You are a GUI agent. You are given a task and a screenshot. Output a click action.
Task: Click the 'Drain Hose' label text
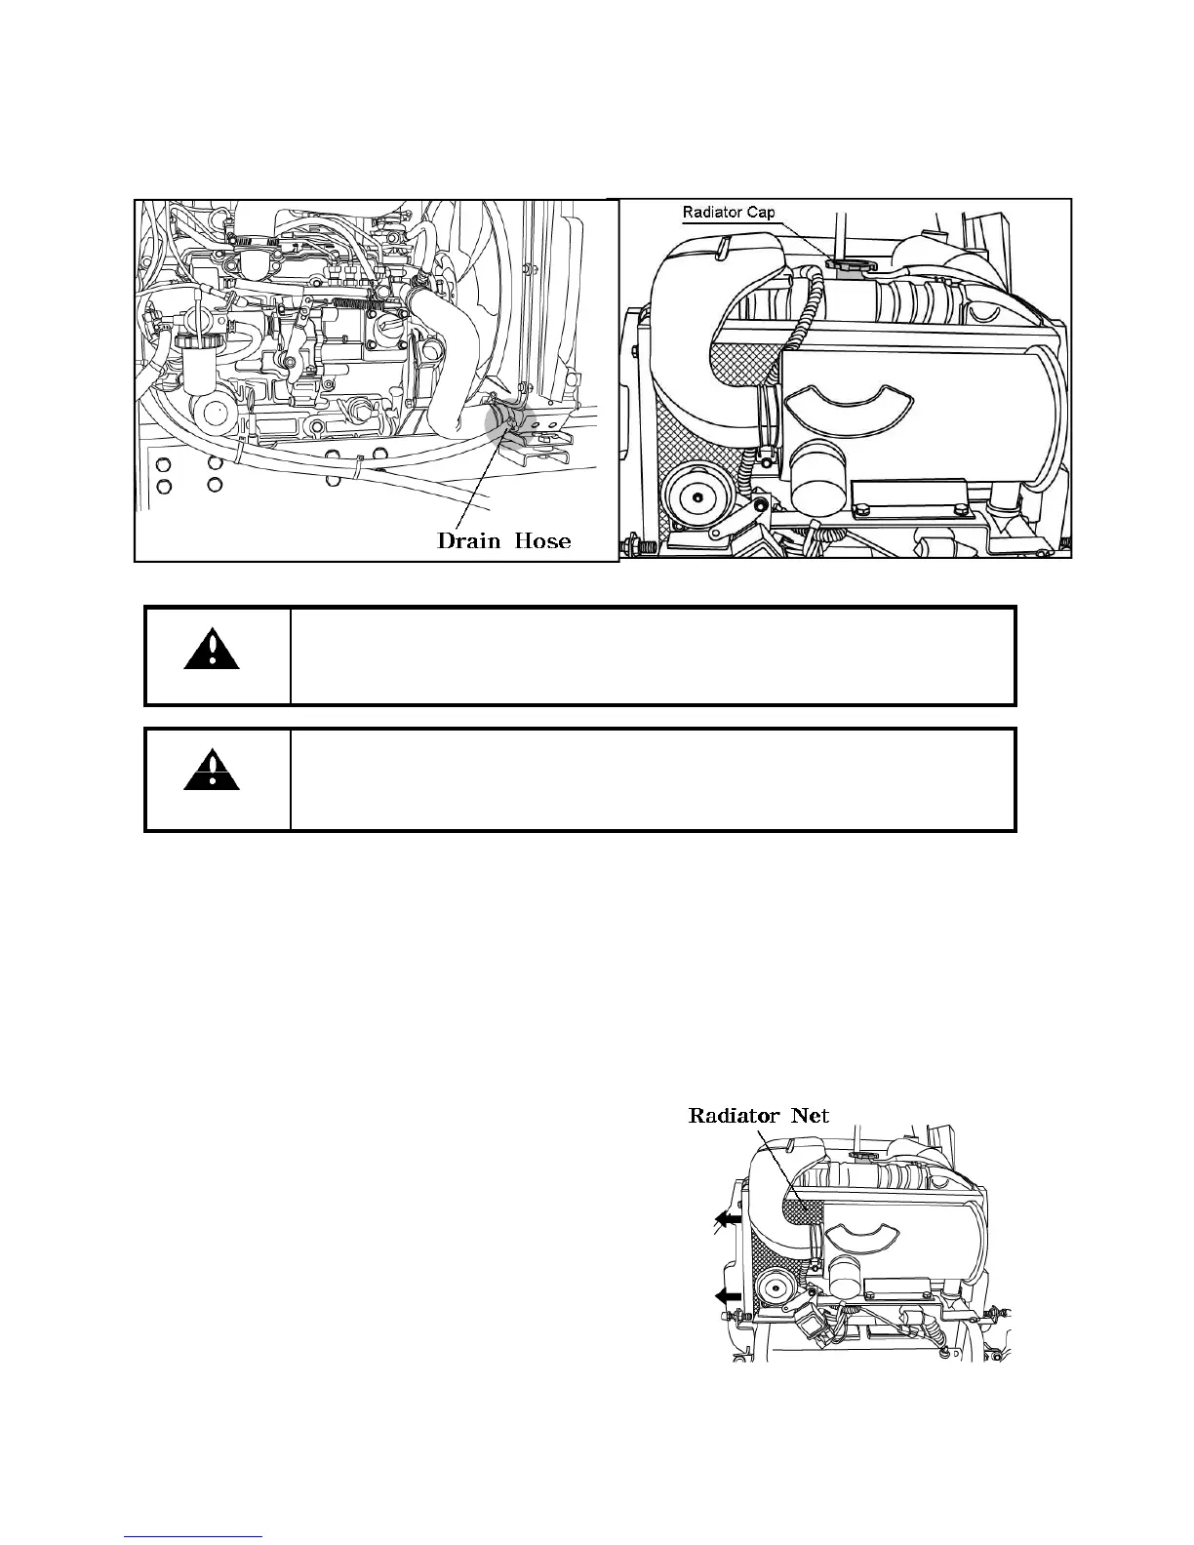pos(503,539)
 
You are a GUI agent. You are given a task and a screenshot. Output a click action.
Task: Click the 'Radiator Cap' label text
pos(729,213)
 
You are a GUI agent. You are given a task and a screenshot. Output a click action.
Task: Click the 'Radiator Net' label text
pos(759,1115)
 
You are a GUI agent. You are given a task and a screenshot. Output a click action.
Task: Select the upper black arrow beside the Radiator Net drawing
pos(727,1218)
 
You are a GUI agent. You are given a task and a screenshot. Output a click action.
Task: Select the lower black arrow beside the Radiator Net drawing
pos(727,1295)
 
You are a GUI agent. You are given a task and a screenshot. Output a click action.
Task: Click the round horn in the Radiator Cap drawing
pos(695,498)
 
